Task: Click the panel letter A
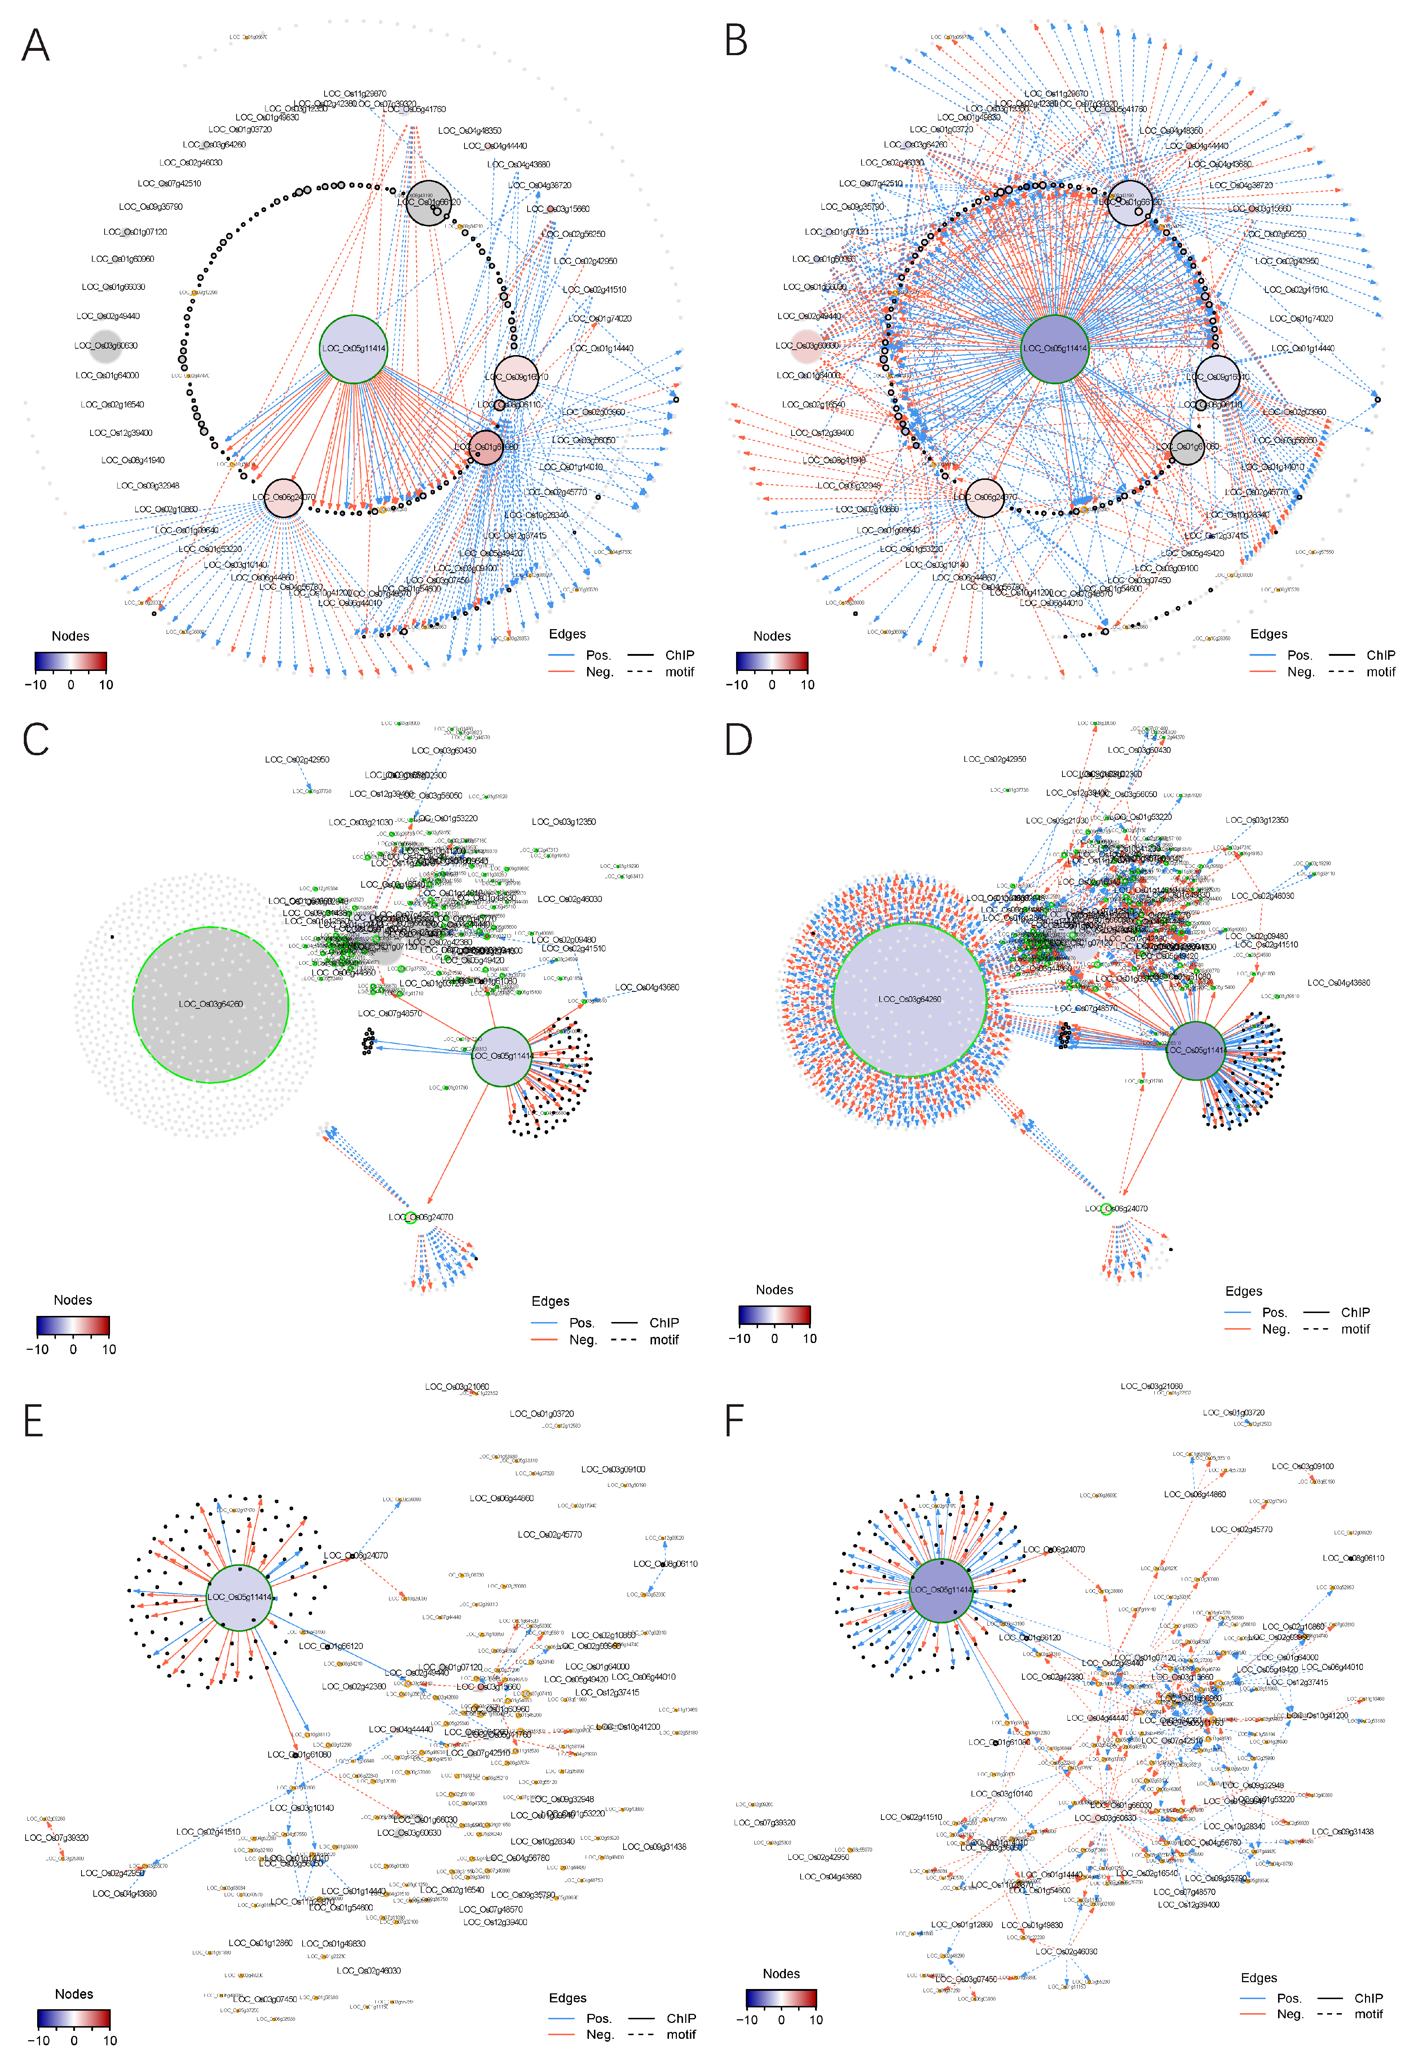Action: [x=36, y=44]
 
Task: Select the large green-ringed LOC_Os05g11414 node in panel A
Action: [x=353, y=349]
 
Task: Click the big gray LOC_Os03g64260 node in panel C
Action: [x=211, y=1004]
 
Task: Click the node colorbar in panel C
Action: [x=73, y=1326]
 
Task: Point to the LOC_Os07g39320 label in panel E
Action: [x=57, y=1838]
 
